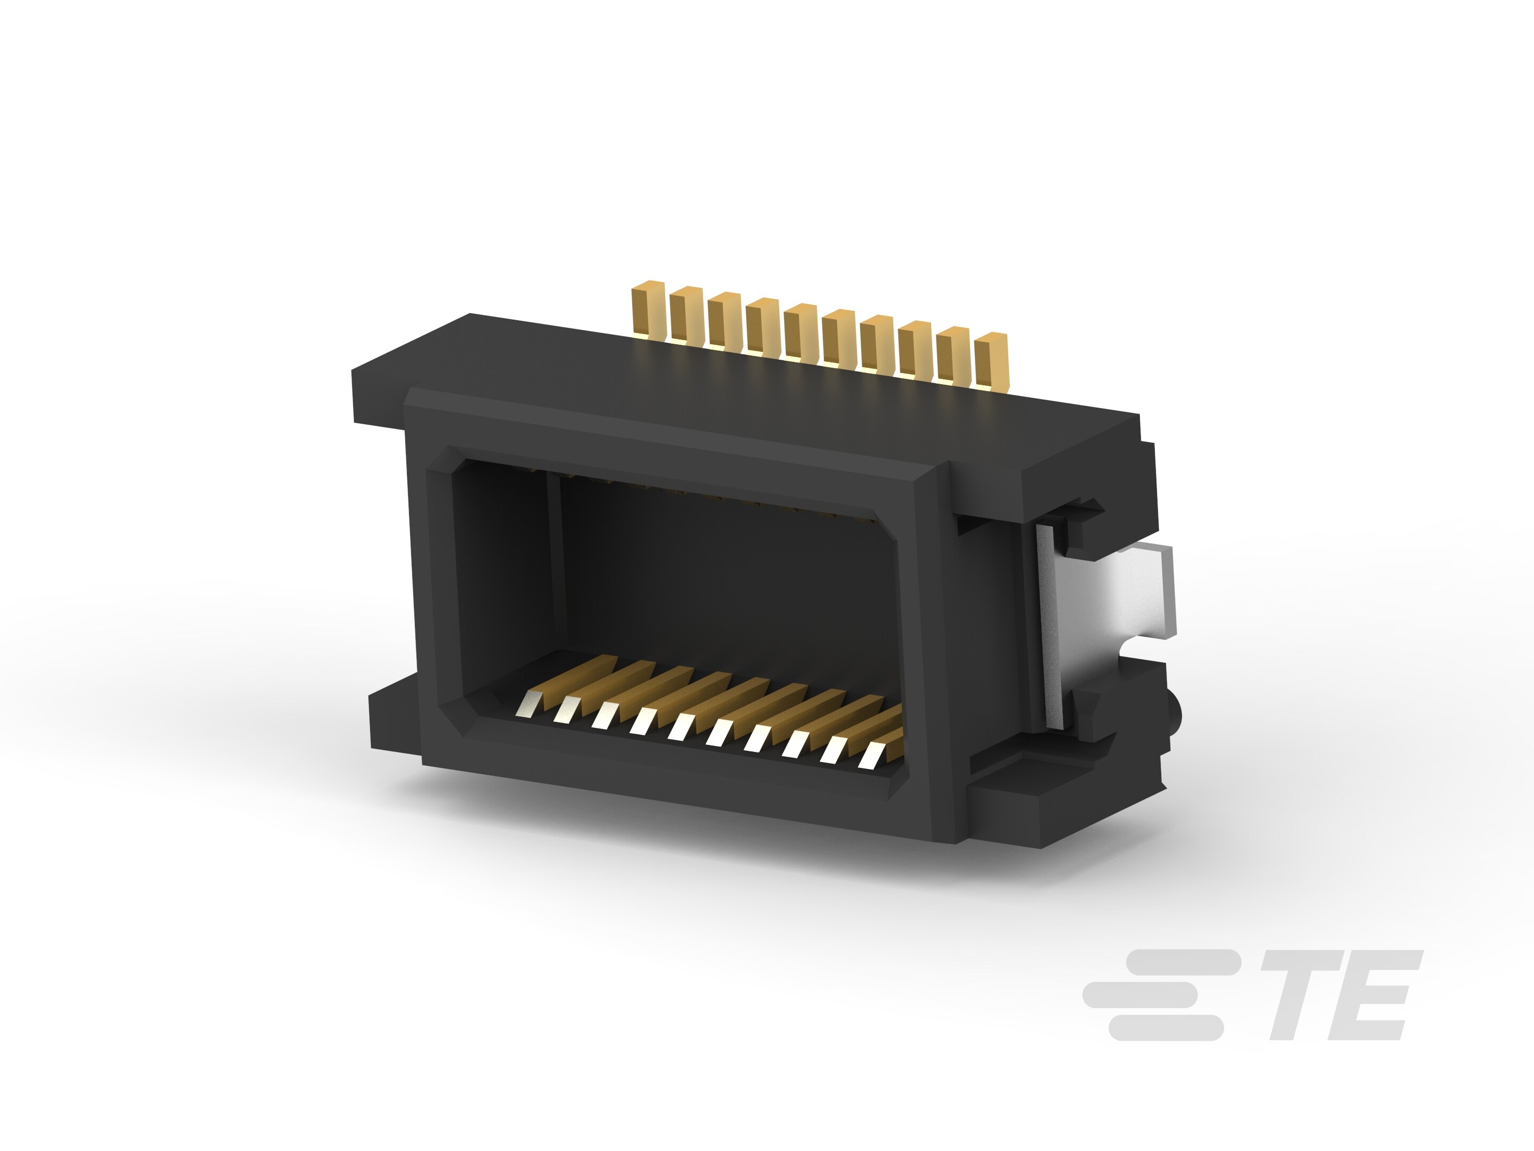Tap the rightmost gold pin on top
[990, 360]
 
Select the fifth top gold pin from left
[799, 331]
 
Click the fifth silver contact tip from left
[681, 726]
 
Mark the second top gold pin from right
[952, 354]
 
